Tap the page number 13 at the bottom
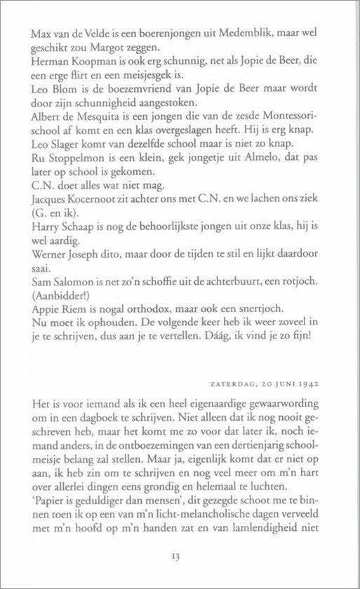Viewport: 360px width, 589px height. [x=176, y=558]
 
